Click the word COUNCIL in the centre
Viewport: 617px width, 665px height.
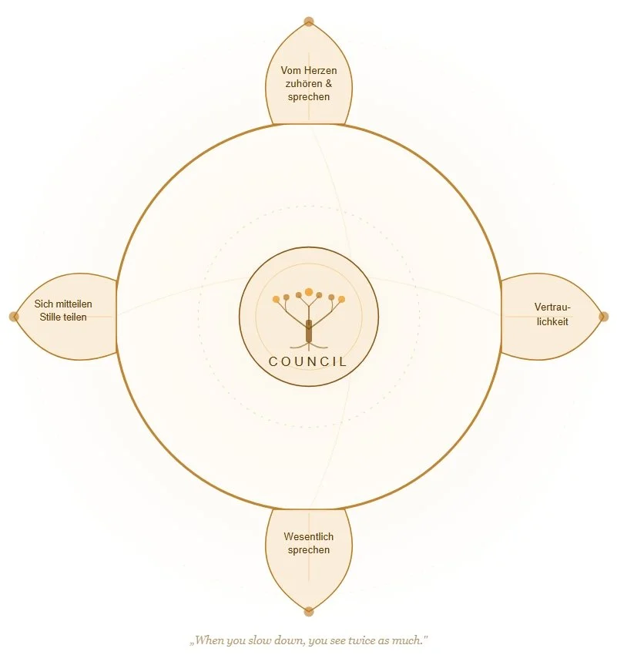point(308,361)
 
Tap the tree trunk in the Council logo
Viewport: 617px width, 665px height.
point(308,330)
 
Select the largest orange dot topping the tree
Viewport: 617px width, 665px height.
point(309,292)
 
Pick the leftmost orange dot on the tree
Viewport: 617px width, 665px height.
point(276,299)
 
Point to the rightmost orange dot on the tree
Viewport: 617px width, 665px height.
point(342,299)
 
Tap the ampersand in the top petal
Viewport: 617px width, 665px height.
point(328,84)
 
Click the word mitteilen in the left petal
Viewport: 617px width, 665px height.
point(73,304)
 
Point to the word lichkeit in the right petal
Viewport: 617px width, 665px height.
point(552,321)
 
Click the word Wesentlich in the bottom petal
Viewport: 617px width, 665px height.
point(309,537)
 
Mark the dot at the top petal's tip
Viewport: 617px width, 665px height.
point(309,22)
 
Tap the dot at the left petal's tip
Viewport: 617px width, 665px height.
point(14,316)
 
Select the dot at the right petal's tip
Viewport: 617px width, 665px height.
point(604,316)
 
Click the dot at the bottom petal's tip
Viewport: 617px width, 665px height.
point(309,612)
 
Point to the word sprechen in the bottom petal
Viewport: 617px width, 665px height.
point(309,550)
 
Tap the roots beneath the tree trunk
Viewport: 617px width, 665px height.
point(308,347)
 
